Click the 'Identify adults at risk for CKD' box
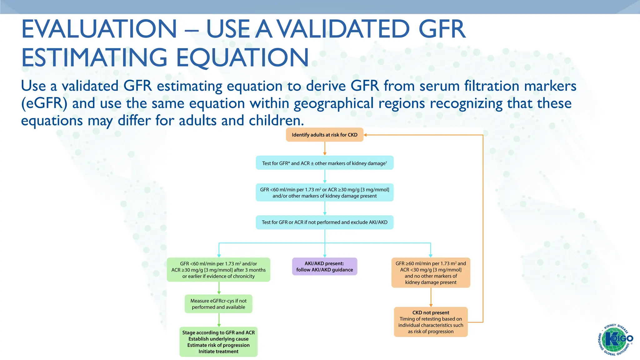tap(324, 135)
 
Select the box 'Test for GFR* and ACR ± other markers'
tap(324, 163)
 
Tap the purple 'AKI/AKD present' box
tap(324, 267)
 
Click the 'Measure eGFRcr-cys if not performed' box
tap(218, 304)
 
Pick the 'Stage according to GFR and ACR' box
tap(218, 342)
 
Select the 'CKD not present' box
tap(431, 322)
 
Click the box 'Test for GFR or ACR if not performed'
tap(324, 222)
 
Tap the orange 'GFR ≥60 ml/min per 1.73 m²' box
tap(431, 273)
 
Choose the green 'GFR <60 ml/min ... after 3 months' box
tap(218, 270)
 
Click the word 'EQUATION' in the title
tap(242, 57)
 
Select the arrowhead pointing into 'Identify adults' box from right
tap(365, 135)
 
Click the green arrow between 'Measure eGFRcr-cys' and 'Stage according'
tap(219, 320)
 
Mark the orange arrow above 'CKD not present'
tap(431, 297)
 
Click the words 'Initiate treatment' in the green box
tap(218, 352)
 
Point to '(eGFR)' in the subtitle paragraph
tap(44, 103)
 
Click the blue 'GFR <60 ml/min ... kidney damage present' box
tap(324, 192)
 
